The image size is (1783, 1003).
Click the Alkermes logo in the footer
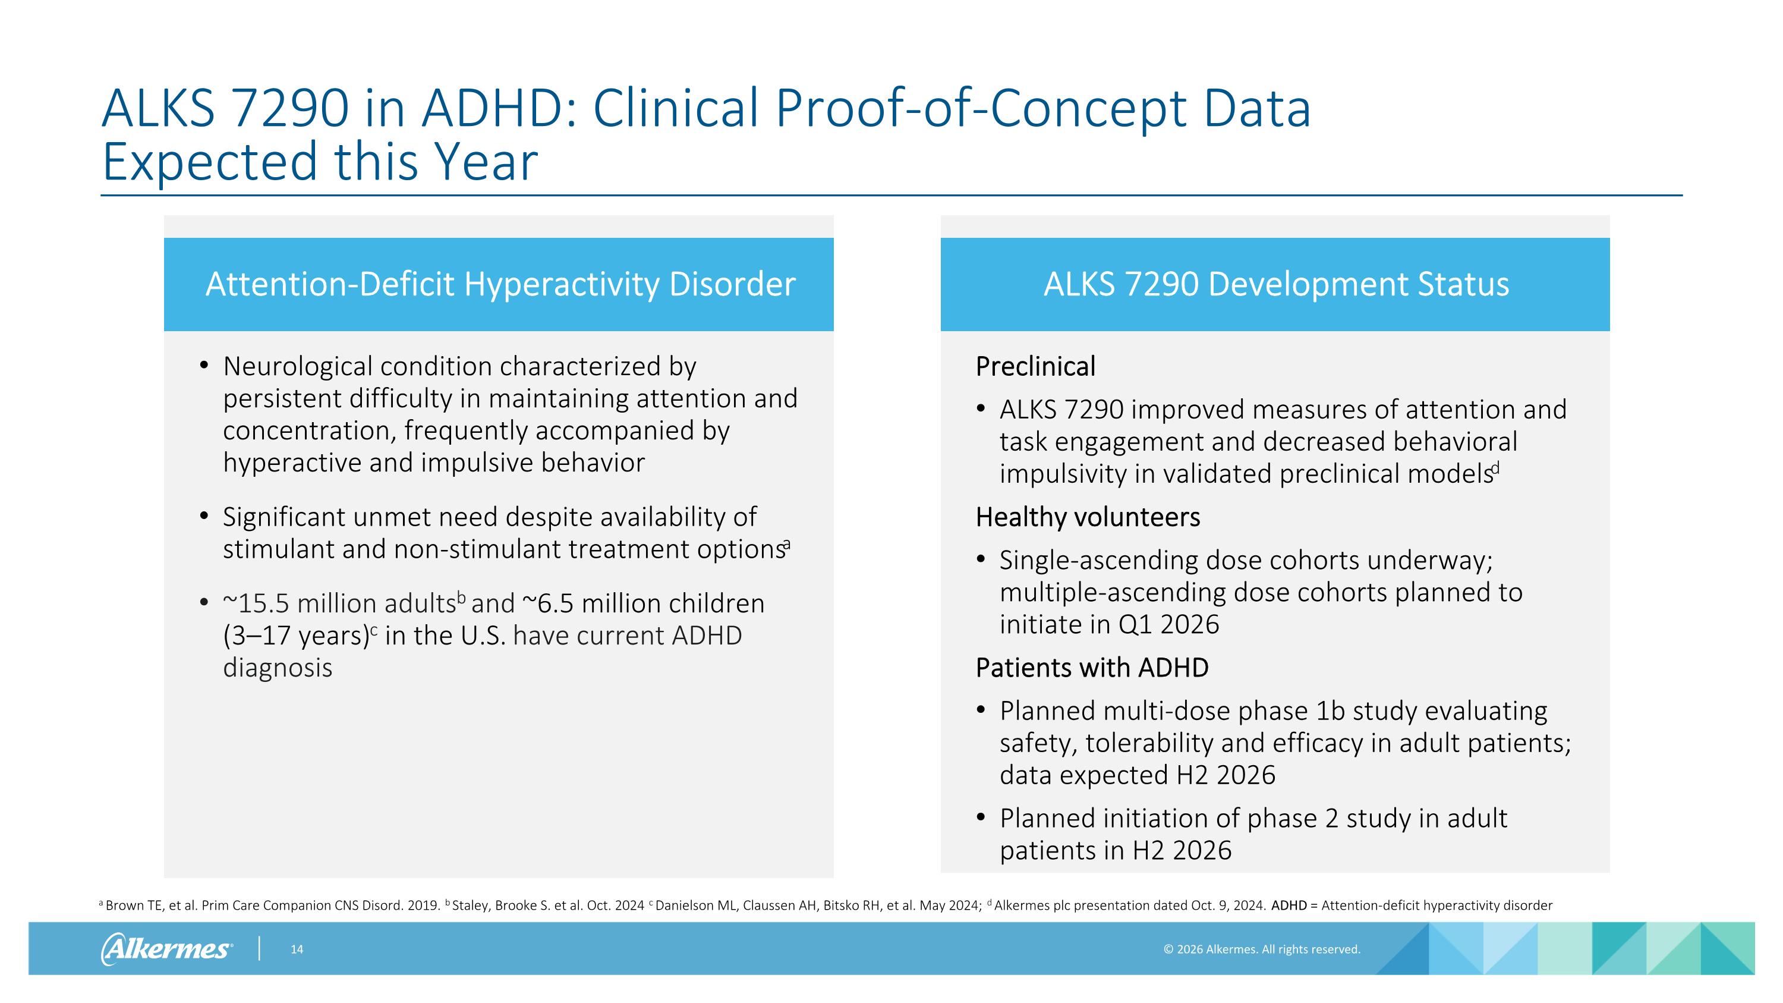(166, 948)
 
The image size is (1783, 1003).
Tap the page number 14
(296, 949)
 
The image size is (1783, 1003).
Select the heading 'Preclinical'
(1035, 366)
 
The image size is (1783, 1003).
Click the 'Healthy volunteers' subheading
(1088, 517)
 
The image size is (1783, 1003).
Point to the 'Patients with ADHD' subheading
(1092, 668)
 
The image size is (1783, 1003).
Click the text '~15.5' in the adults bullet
(256, 603)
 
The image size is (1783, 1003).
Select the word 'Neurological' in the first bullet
(298, 366)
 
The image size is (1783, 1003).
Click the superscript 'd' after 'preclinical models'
(1496, 468)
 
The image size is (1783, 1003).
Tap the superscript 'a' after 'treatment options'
(787, 544)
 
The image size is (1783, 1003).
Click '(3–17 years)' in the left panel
(295, 636)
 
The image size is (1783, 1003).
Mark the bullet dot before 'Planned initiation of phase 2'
(980, 818)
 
